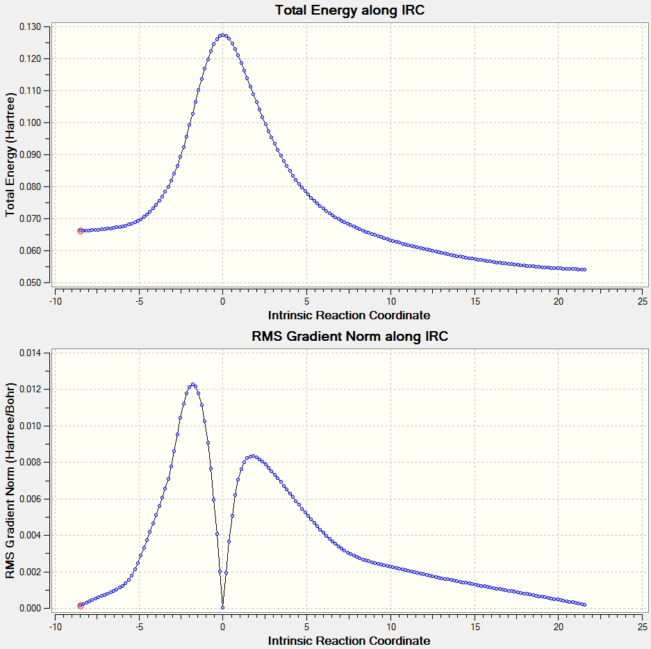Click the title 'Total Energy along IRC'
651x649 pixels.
349,10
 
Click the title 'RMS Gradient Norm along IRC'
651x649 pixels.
349,337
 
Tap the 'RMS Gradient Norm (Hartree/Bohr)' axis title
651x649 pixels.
10,481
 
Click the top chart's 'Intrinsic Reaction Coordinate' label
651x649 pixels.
349,315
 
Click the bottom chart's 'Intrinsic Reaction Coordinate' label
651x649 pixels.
349,641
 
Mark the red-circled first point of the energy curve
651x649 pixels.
81,231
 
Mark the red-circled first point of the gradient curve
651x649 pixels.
81,606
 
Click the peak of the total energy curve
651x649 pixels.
222,35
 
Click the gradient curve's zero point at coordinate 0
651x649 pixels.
222,607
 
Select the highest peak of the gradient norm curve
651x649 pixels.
192,385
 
